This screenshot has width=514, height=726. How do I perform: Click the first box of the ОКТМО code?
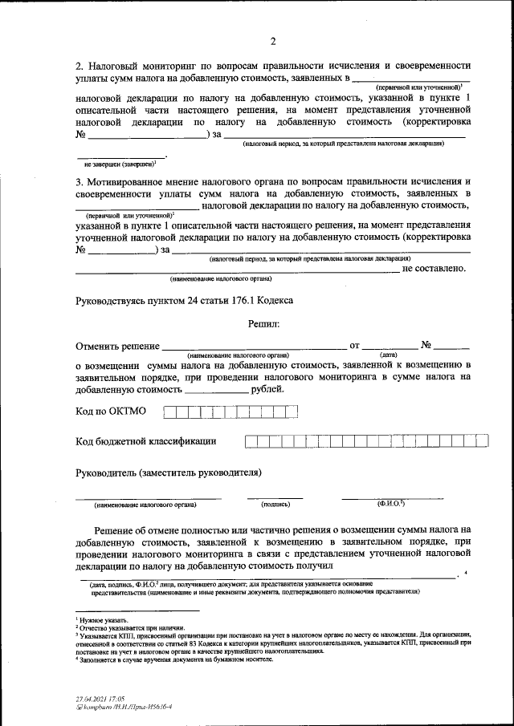[x=169, y=412]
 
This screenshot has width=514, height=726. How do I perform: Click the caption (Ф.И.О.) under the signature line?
[x=391, y=504]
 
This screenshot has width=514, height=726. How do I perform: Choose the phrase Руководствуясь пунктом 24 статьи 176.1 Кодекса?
[x=184, y=300]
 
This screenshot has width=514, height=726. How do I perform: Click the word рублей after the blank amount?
[x=267, y=389]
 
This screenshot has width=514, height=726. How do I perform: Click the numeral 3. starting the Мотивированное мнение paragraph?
[x=79, y=181]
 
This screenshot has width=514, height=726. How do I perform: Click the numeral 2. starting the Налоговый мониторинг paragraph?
[x=79, y=64]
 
